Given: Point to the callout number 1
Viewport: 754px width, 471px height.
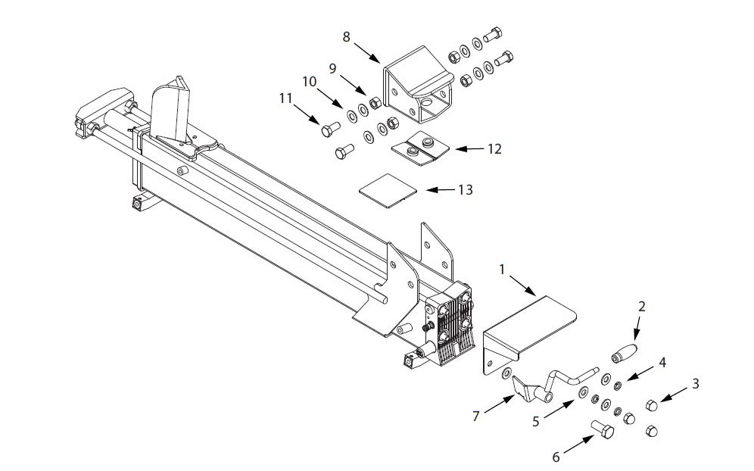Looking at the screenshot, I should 502,268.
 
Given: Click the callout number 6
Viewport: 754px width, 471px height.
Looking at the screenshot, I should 556,457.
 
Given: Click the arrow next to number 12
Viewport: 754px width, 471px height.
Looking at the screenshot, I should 469,149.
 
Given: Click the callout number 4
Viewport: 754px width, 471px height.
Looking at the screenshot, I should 662,362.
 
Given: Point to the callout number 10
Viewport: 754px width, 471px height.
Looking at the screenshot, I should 309,80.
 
